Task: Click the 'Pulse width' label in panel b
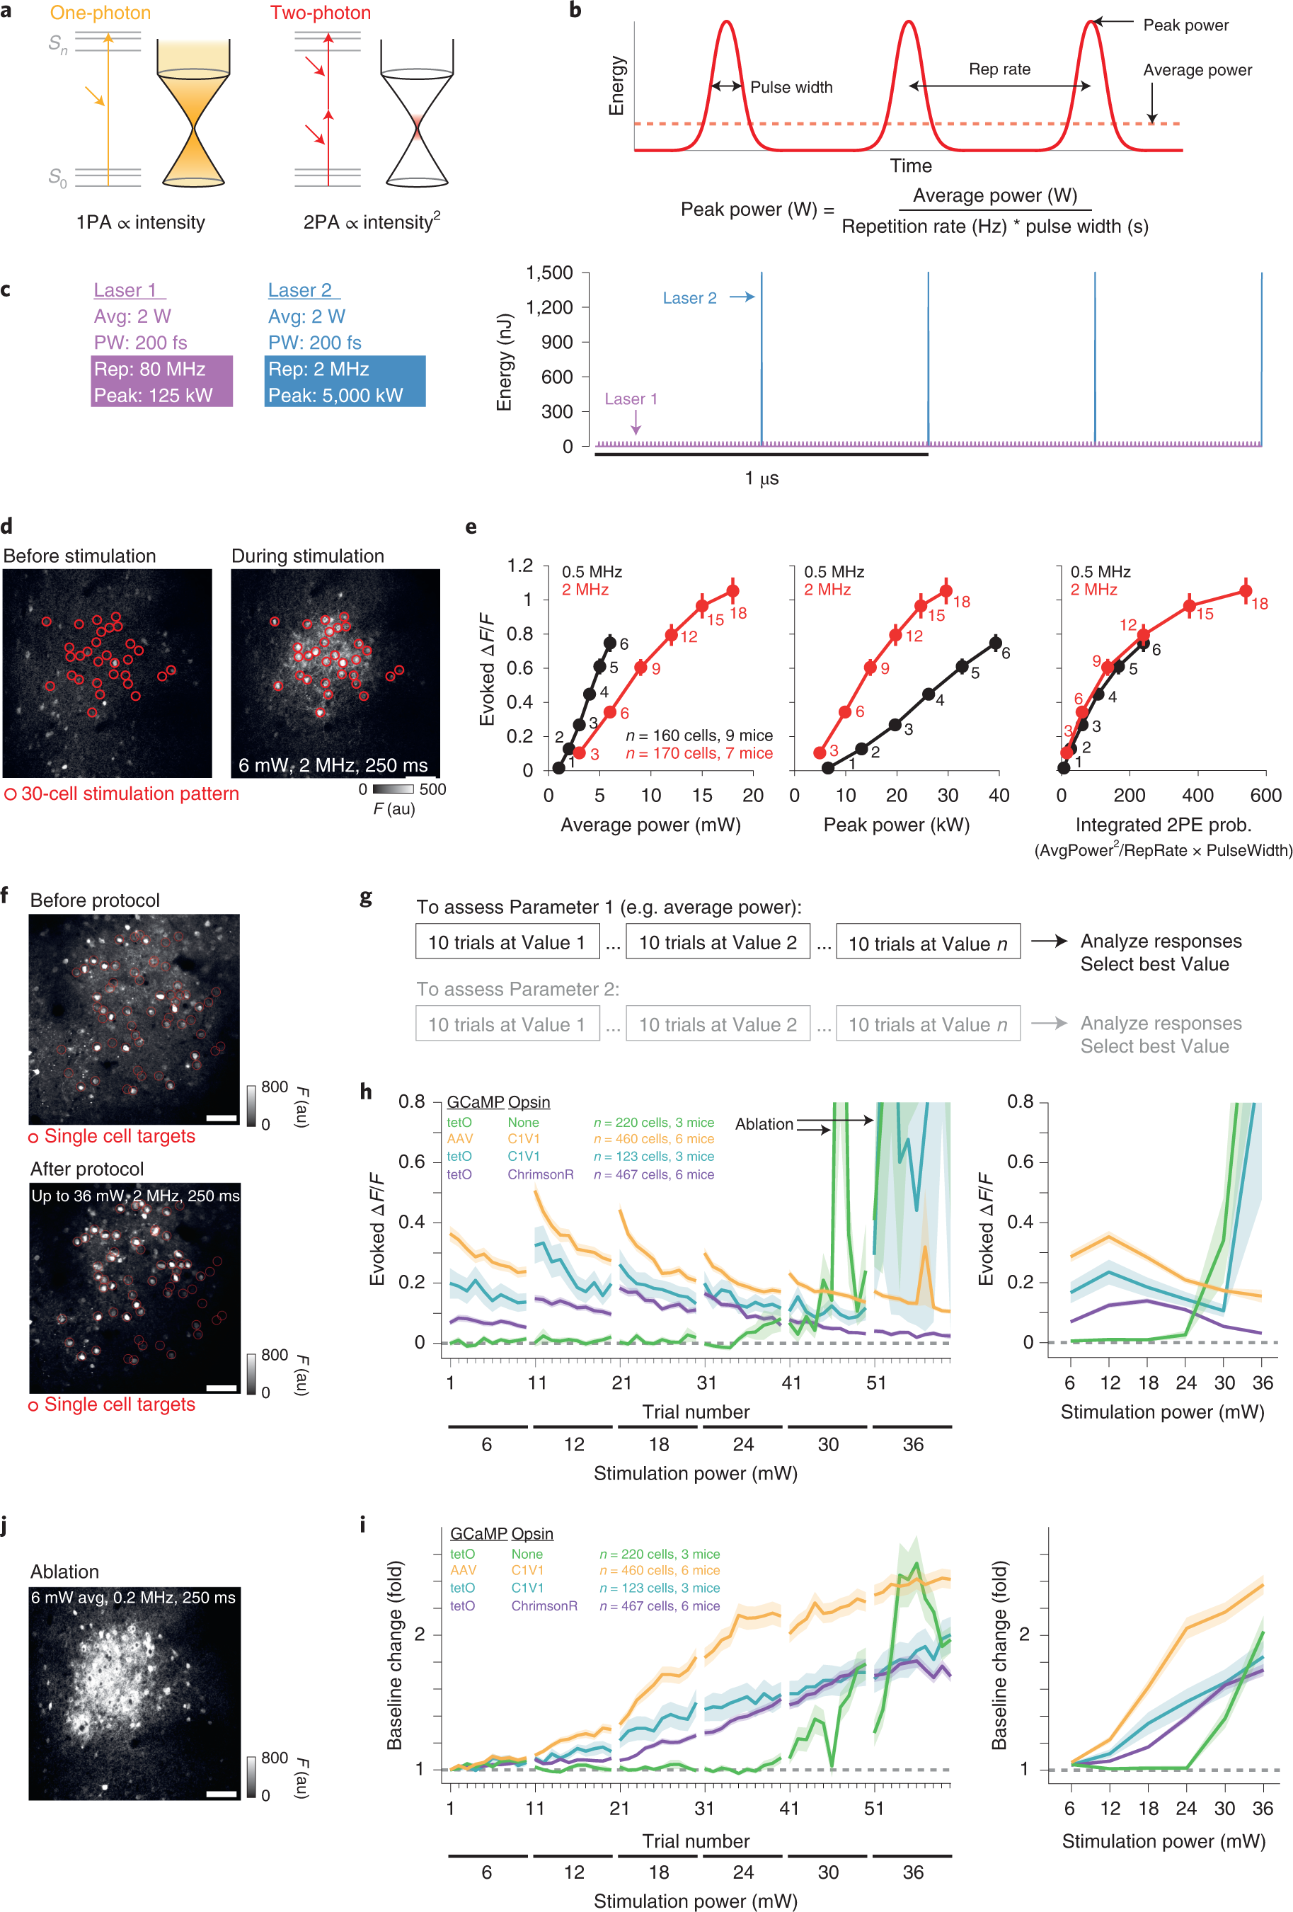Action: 791,87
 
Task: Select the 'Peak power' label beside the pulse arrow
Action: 1185,25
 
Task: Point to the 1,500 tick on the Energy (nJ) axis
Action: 549,273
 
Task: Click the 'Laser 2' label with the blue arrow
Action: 689,298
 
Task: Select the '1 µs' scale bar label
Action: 762,478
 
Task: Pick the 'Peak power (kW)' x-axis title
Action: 896,825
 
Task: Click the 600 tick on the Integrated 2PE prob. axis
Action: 1265,796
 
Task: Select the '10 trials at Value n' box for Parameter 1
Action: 928,943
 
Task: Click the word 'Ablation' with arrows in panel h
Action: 764,1124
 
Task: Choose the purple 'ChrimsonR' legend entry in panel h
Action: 541,1174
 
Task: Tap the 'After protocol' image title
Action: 86,1169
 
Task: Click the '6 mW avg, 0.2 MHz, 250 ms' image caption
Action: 133,1597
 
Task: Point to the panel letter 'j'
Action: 5,1527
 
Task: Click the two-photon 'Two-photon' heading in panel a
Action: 320,13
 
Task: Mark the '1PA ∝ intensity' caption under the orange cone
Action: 141,222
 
